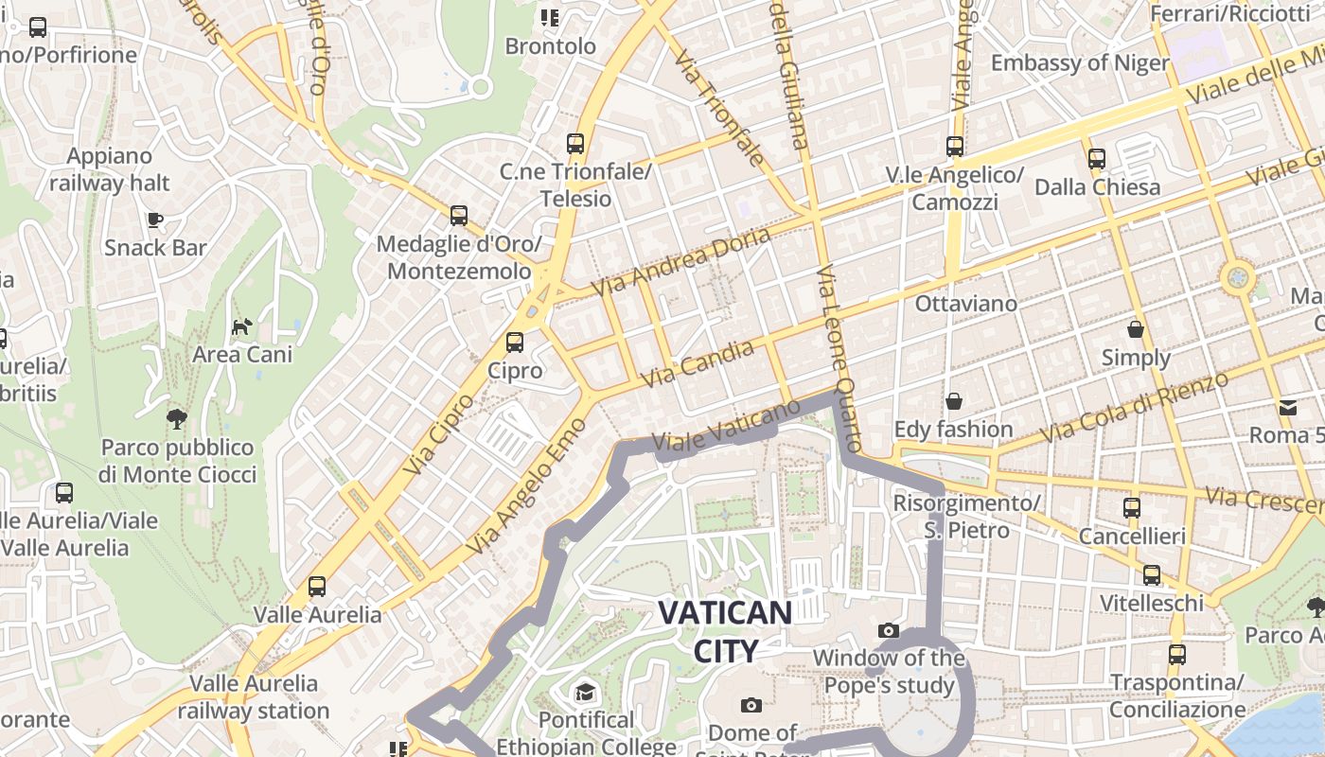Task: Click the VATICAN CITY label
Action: point(725,631)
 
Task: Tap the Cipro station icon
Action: point(515,342)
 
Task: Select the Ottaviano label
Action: point(965,304)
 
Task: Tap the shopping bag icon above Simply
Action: point(1136,329)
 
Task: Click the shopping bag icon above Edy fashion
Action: point(954,401)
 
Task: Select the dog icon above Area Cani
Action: point(242,326)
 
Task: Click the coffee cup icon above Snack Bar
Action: point(155,220)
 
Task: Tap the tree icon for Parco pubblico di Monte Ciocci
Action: point(176,418)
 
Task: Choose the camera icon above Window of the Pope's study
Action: point(888,630)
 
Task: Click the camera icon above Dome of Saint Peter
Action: point(751,705)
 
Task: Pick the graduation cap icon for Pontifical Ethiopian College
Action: point(586,693)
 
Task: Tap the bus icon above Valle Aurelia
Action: point(317,587)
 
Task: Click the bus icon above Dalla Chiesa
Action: point(1097,159)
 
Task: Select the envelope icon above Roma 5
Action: point(1288,408)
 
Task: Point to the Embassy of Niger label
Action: point(1080,63)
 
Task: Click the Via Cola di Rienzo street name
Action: point(1135,407)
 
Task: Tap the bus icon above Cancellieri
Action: point(1132,508)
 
